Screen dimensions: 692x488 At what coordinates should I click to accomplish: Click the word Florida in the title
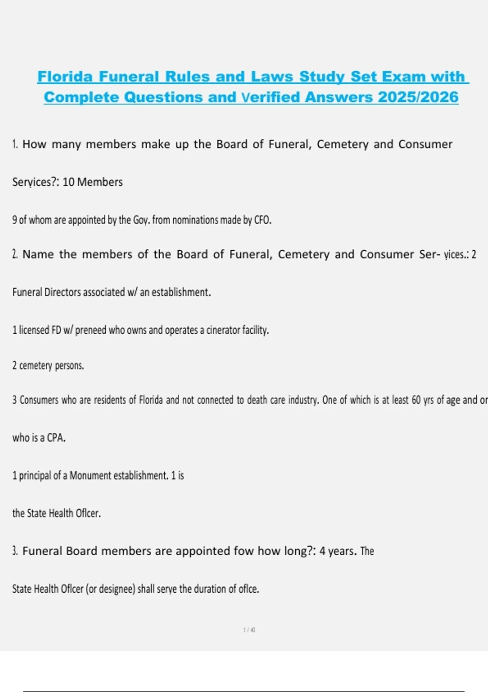point(65,77)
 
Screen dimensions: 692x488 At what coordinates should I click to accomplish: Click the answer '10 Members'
point(92,182)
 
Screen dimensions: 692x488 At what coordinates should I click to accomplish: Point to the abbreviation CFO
point(262,220)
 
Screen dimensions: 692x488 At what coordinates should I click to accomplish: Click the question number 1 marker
point(15,144)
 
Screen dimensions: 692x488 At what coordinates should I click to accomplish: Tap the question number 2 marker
point(15,254)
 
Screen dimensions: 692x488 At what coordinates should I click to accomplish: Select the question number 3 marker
point(15,551)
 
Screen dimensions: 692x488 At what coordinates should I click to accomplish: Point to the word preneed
point(90,330)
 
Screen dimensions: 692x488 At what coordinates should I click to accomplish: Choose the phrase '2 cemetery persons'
point(48,366)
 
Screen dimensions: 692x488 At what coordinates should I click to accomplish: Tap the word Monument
point(90,475)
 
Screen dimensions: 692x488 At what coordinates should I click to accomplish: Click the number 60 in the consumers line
point(416,400)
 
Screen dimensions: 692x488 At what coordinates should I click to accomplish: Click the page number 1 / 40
point(249,630)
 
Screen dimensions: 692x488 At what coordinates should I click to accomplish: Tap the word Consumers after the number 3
point(39,400)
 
